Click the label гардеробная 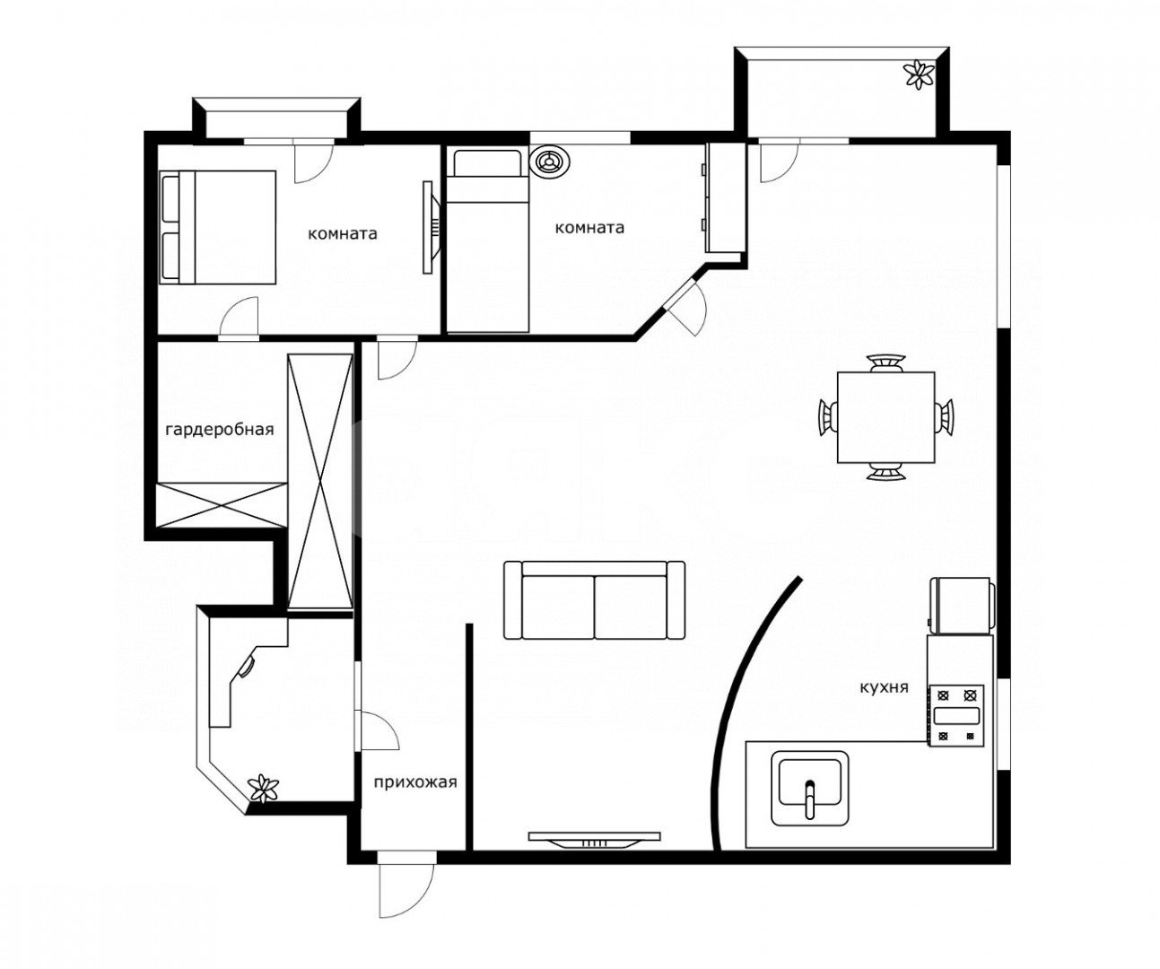coord(220,429)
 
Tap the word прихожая coord(415,782)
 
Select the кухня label coord(884,688)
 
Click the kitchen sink coord(810,788)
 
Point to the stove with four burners coord(956,715)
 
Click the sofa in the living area coord(595,600)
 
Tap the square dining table coord(886,417)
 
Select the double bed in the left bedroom coord(218,228)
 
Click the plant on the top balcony coord(920,74)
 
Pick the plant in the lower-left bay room coord(264,788)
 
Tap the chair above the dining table coord(887,362)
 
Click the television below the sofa coord(595,840)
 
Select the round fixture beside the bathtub coord(550,161)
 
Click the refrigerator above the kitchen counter coord(963,606)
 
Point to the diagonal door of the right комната coord(686,307)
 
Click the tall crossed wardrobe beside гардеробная coord(320,482)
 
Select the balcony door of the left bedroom coord(313,161)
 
